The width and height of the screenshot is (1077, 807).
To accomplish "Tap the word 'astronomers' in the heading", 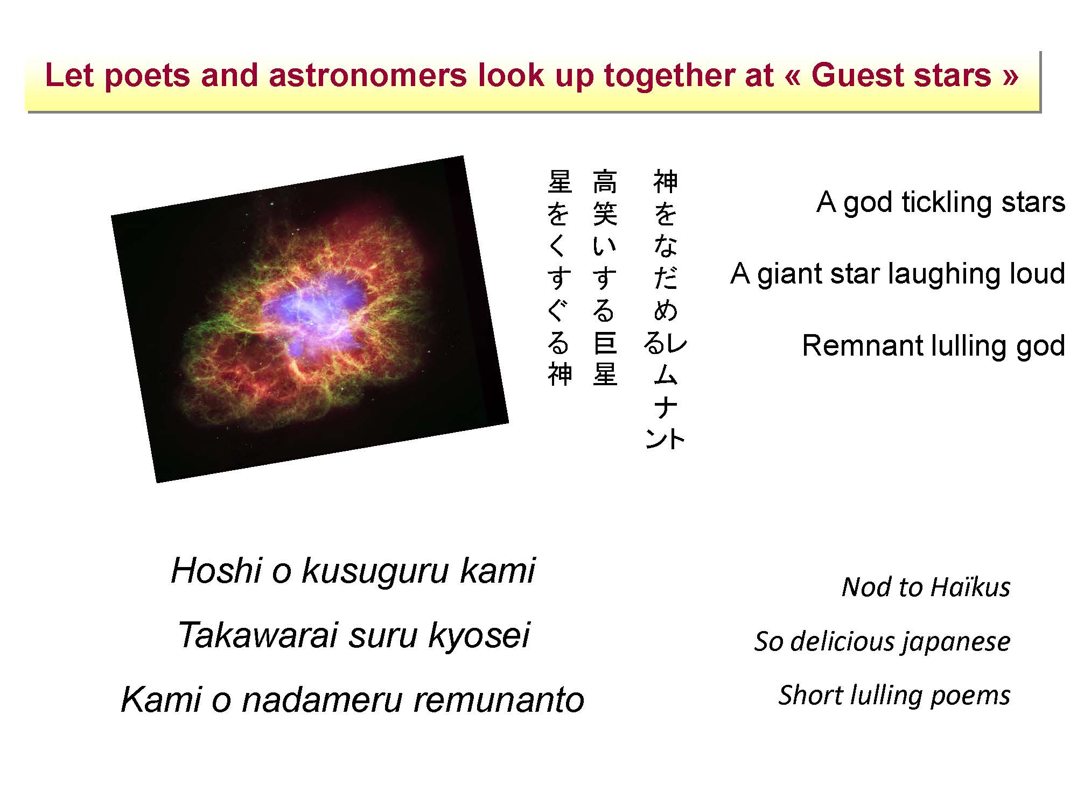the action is (367, 75).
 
